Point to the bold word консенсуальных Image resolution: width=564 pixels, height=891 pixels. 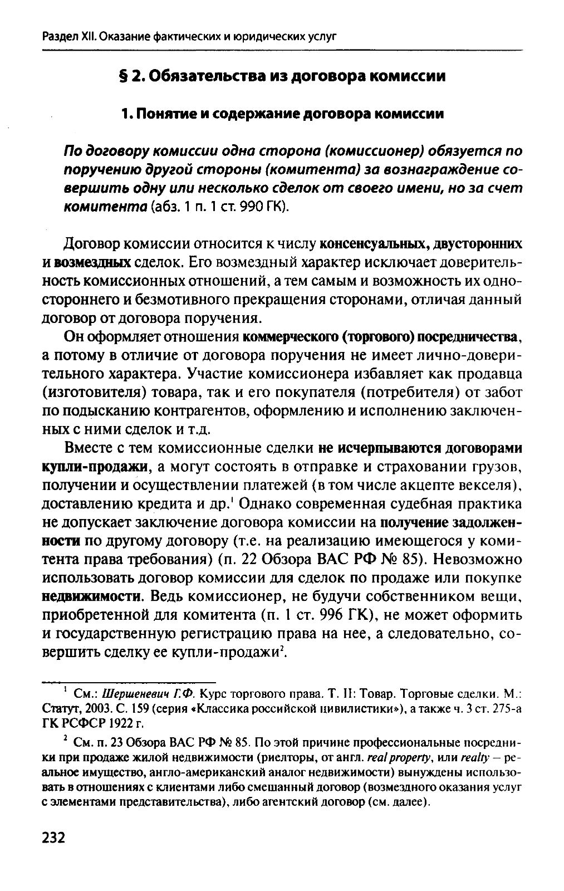tap(375, 244)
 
